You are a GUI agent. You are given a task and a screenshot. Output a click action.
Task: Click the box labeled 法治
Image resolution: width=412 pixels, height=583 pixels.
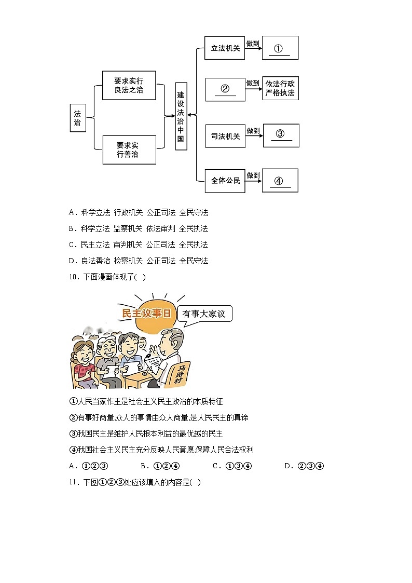pyautogui.click(x=78, y=118)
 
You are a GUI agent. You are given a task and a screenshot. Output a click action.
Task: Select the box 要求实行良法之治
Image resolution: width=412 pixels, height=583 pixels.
pyautogui.click(x=129, y=85)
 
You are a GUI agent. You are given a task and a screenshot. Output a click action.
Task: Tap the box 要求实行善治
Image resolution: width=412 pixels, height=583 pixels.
pyautogui.click(x=129, y=150)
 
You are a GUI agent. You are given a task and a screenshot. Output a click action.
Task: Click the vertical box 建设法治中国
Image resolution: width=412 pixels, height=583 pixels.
pyautogui.click(x=181, y=116)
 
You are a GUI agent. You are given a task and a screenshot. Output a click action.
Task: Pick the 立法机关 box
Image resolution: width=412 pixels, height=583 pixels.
pyautogui.click(x=225, y=48)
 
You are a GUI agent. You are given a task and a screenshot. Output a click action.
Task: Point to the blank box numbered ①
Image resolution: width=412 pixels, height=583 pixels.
pyautogui.click(x=280, y=48)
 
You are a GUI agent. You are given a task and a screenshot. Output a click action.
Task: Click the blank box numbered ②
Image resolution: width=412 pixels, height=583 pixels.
pyautogui.click(x=225, y=89)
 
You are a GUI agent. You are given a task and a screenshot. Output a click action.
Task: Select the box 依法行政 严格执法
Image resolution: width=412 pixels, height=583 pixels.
pyautogui.click(x=280, y=88)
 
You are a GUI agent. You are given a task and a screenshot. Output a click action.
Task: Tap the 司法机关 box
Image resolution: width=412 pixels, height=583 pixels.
pyautogui.click(x=225, y=136)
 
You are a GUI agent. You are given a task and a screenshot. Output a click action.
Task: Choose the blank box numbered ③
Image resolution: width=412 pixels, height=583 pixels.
pyautogui.click(x=281, y=135)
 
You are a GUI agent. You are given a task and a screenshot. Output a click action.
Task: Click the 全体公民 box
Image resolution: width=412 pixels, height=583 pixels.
pyautogui.click(x=225, y=181)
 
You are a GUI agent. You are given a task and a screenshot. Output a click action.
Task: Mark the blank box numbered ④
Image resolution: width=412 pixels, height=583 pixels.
pyautogui.click(x=280, y=181)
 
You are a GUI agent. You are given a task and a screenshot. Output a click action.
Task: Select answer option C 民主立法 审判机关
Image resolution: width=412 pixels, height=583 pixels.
pyautogui.click(x=138, y=245)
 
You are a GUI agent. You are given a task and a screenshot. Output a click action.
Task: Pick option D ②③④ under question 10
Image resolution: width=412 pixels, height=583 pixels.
pyautogui.click(x=304, y=466)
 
